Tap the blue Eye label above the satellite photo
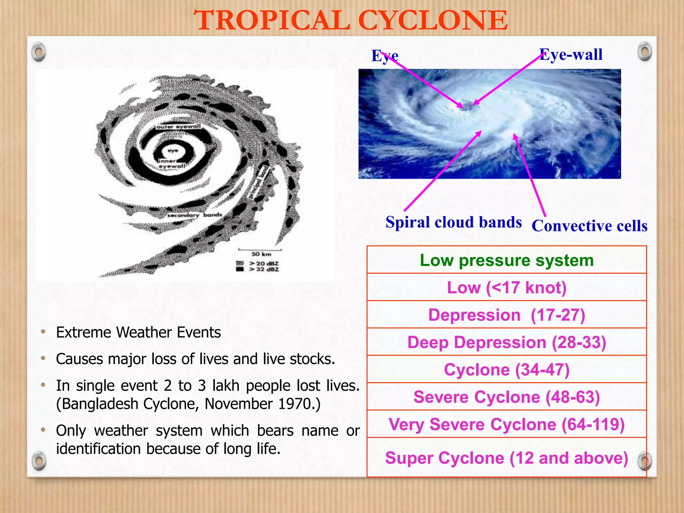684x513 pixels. (x=385, y=56)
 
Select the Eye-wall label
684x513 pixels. (x=571, y=54)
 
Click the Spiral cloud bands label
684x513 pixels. (x=453, y=222)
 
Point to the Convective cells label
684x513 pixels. (x=589, y=226)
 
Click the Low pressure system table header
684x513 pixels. (x=507, y=260)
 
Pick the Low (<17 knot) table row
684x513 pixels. (x=507, y=288)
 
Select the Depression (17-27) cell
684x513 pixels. (x=507, y=315)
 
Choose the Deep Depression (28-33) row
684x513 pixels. (x=507, y=342)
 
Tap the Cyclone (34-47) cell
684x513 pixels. (x=507, y=370)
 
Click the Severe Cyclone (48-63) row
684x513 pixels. (x=507, y=397)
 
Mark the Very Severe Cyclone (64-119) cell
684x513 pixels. (x=507, y=424)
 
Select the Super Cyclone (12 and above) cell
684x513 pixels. (x=507, y=458)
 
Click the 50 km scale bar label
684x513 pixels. (x=261, y=254)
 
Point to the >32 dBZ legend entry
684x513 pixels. (x=264, y=269)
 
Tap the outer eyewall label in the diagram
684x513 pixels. (x=179, y=127)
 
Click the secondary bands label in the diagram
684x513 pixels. (x=194, y=215)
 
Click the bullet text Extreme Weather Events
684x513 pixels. (x=138, y=332)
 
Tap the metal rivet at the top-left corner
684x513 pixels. (x=39, y=52)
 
